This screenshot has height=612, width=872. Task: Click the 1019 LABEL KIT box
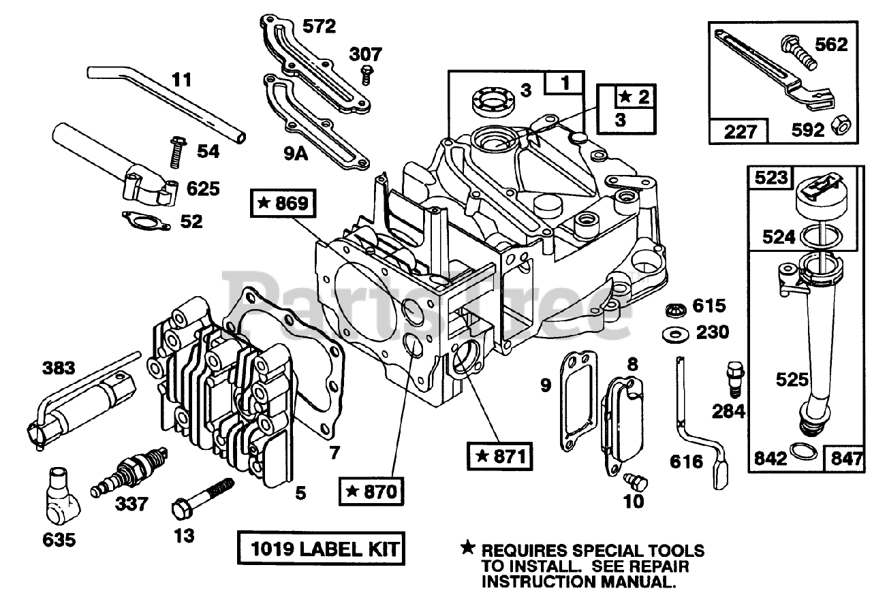pyautogui.click(x=320, y=547)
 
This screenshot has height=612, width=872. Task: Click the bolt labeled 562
pyautogui.click(x=794, y=52)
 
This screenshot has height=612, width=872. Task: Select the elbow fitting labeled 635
pyautogui.click(x=61, y=493)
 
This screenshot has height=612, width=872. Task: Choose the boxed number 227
pyautogui.click(x=738, y=130)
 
